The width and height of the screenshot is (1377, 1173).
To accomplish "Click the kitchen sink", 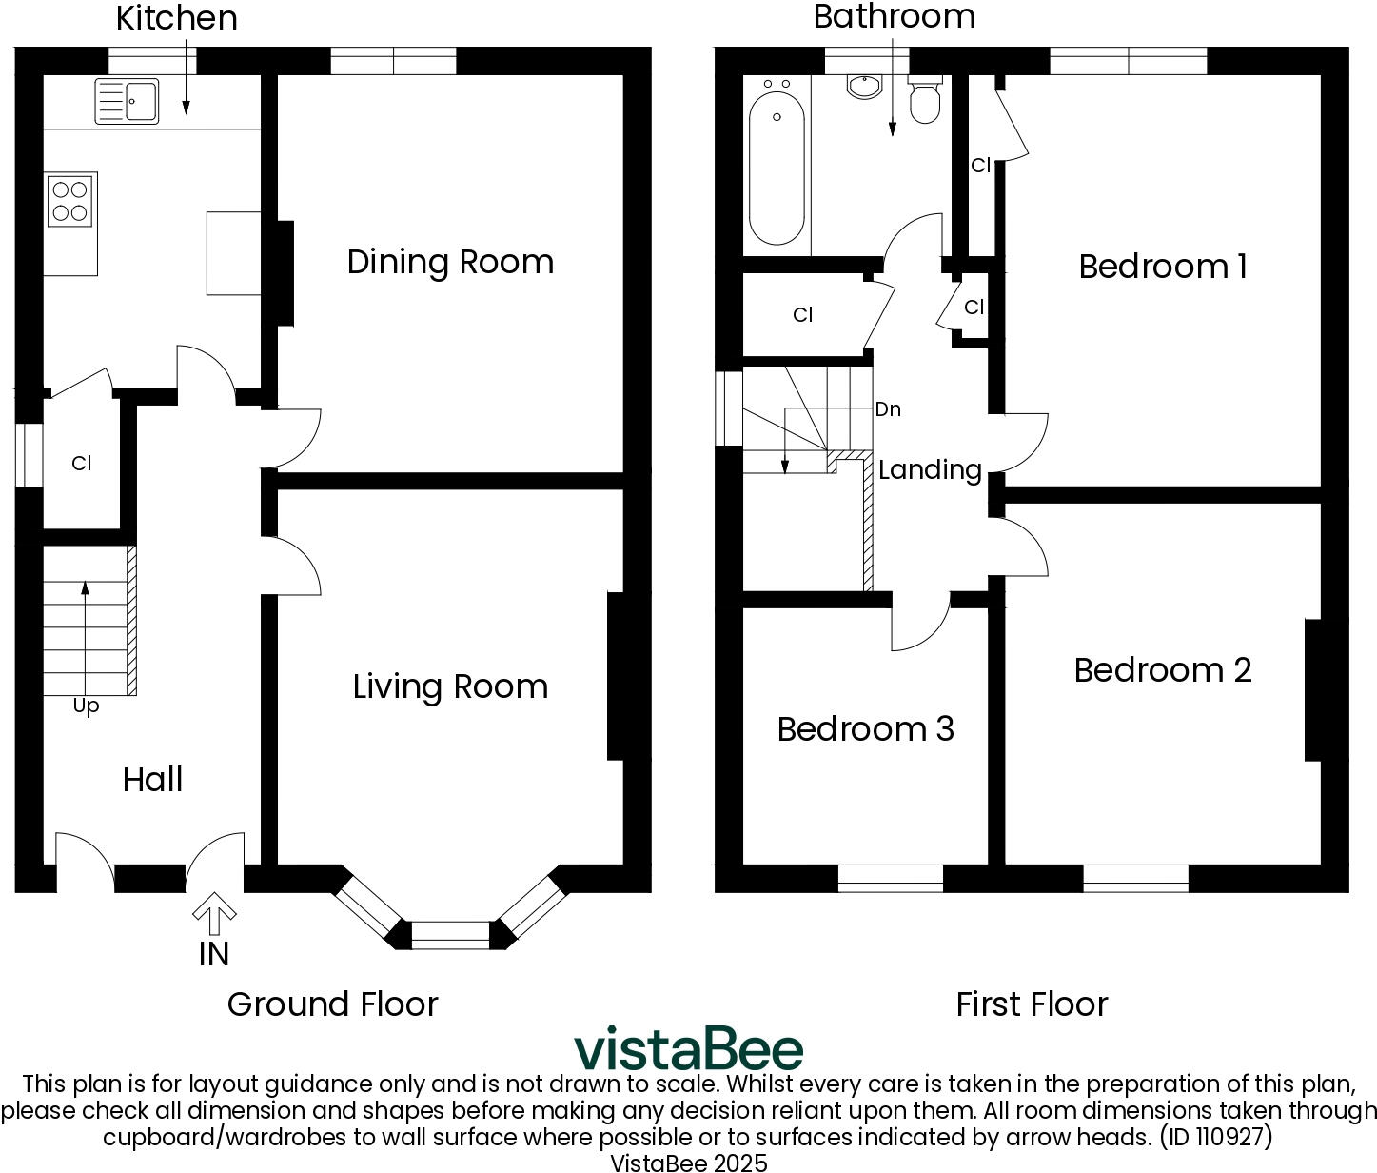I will pyautogui.click(x=127, y=101).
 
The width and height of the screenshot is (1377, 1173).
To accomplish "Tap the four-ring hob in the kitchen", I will pyautogui.click(x=70, y=201).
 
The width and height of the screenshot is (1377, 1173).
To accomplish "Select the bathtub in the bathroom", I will pyautogui.click(x=777, y=169).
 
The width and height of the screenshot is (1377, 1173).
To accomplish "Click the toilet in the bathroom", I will pyautogui.click(x=924, y=101).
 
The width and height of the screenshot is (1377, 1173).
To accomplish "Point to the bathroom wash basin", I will pyautogui.click(x=864, y=86).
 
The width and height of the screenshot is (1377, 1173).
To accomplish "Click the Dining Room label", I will pyautogui.click(x=450, y=262).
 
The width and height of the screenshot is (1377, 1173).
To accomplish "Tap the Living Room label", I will pyautogui.click(x=450, y=686).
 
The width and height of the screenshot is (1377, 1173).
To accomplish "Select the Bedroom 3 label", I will pyautogui.click(x=865, y=729).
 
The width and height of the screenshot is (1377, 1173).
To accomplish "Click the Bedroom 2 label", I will pyautogui.click(x=1162, y=670).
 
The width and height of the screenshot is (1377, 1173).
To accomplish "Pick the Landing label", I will pyautogui.click(x=930, y=469).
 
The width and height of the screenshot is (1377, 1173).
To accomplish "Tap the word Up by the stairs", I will pyautogui.click(x=86, y=706).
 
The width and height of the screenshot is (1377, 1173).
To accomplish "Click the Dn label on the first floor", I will pyautogui.click(x=887, y=409).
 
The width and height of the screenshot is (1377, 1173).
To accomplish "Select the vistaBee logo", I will pyautogui.click(x=688, y=1048).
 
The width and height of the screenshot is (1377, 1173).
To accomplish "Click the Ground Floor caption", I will pyautogui.click(x=332, y=1004).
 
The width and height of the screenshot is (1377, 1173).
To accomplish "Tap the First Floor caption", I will pyautogui.click(x=1032, y=1004).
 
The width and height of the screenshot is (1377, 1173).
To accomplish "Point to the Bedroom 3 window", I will pyautogui.click(x=890, y=878).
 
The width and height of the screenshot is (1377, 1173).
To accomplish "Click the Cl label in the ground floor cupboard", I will pyautogui.click(x=81, y=464).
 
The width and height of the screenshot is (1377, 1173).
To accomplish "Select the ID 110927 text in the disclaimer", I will pyautogui.click(x=1215, y=1137).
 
